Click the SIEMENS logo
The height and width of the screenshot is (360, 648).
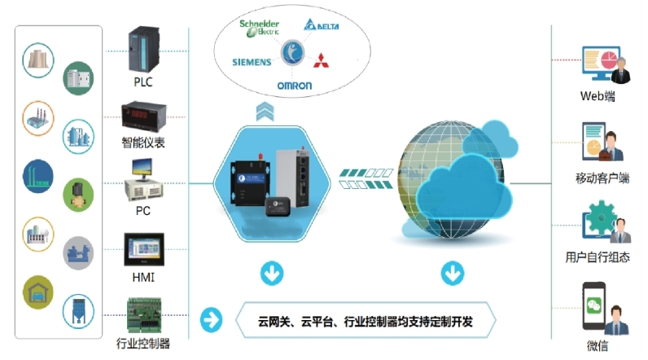pos(252,62)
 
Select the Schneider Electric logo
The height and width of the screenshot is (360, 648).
pos(260,27)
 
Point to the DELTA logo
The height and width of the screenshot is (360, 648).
pos(322,27)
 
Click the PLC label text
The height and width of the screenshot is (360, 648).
pos(143,81)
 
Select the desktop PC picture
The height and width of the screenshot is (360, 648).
pos(143,181)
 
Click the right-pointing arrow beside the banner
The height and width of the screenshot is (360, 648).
pos(211,320)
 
